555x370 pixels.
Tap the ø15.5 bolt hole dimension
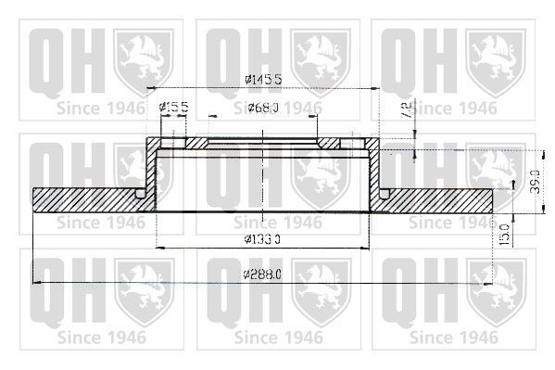173,109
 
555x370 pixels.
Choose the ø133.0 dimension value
263,240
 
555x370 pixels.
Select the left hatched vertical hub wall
151,172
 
